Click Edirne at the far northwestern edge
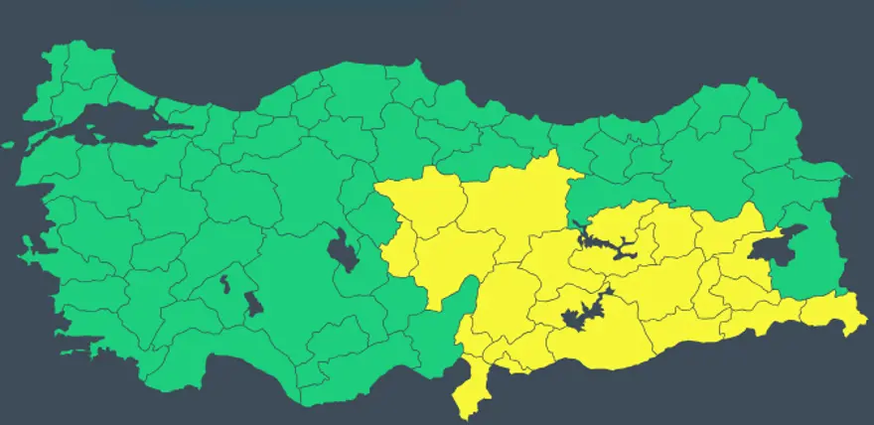tap(45, 74)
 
